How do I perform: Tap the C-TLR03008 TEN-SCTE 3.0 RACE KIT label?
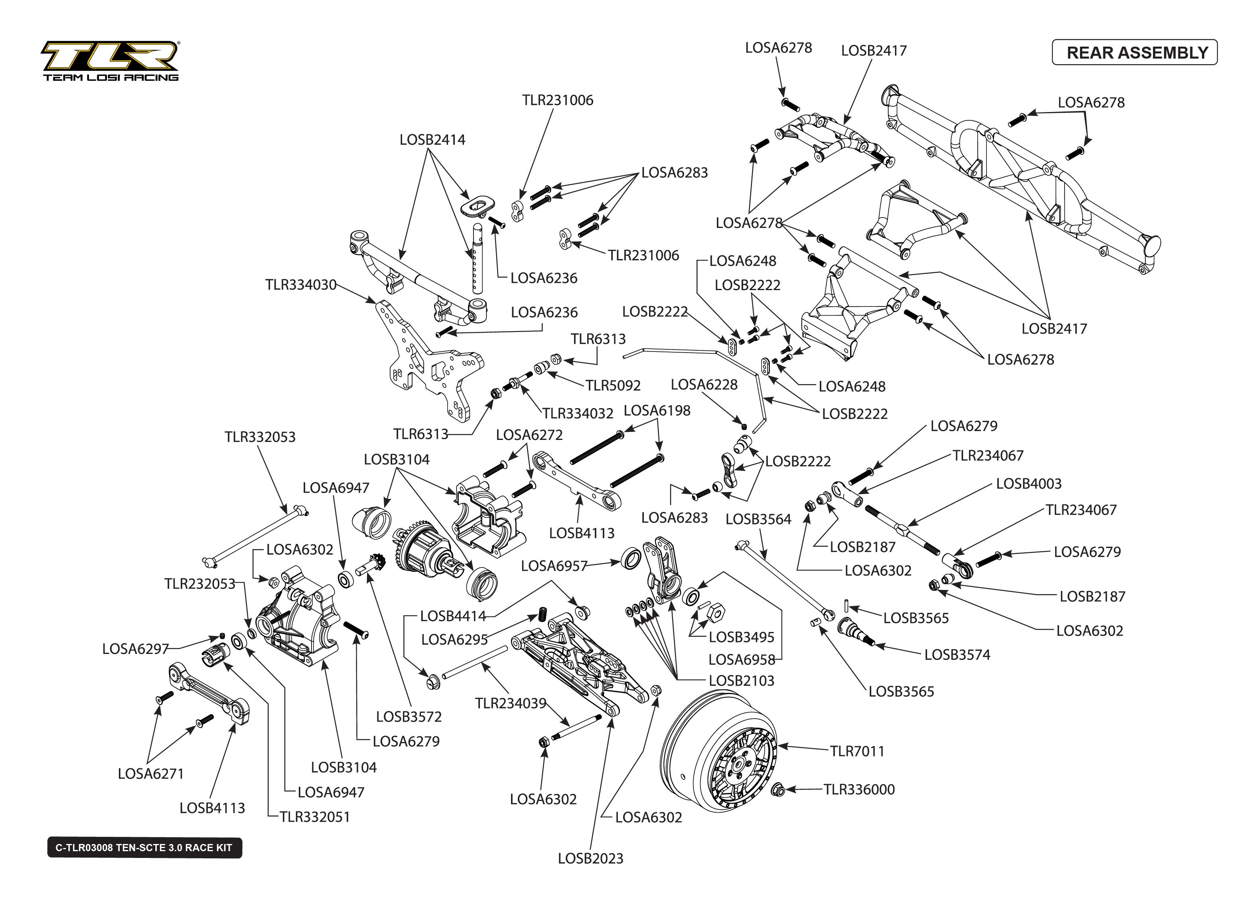click(x=144, y=847)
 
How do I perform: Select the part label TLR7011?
click(x=857, y=751)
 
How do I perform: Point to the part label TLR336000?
click(x=859, y=789)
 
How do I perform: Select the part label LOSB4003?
click(x=1029, y=484)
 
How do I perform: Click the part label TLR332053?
click(x=260, y=437)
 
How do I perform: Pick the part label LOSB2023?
click(x=590, y=858)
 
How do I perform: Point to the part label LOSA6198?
click(x=657, y=410)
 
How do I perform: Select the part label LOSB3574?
click(x=957, y=655)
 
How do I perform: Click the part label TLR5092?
click(x=613, y=385)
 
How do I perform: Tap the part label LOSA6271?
click(x=150, y=774)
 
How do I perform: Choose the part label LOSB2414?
click(x=432, y=140)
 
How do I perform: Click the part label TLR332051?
click(x=314, y=817)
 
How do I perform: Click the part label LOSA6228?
click(x=704, y=385)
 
